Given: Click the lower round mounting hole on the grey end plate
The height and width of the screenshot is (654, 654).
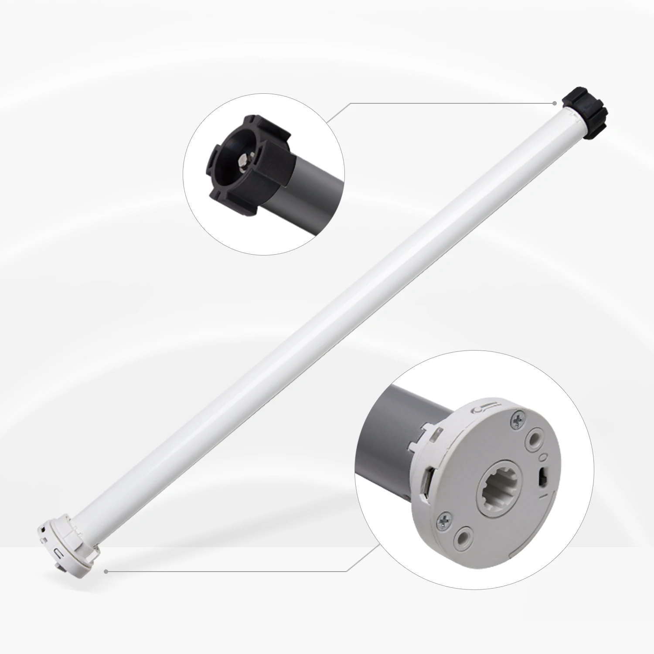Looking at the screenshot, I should pyautogui.click(x=464, y=536).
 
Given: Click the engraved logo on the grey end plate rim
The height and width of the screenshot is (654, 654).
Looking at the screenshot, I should pyautogui.click(x=484, y=409).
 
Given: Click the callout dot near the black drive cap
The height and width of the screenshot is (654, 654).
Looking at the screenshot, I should pyautogui.click(x=555, y=103).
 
